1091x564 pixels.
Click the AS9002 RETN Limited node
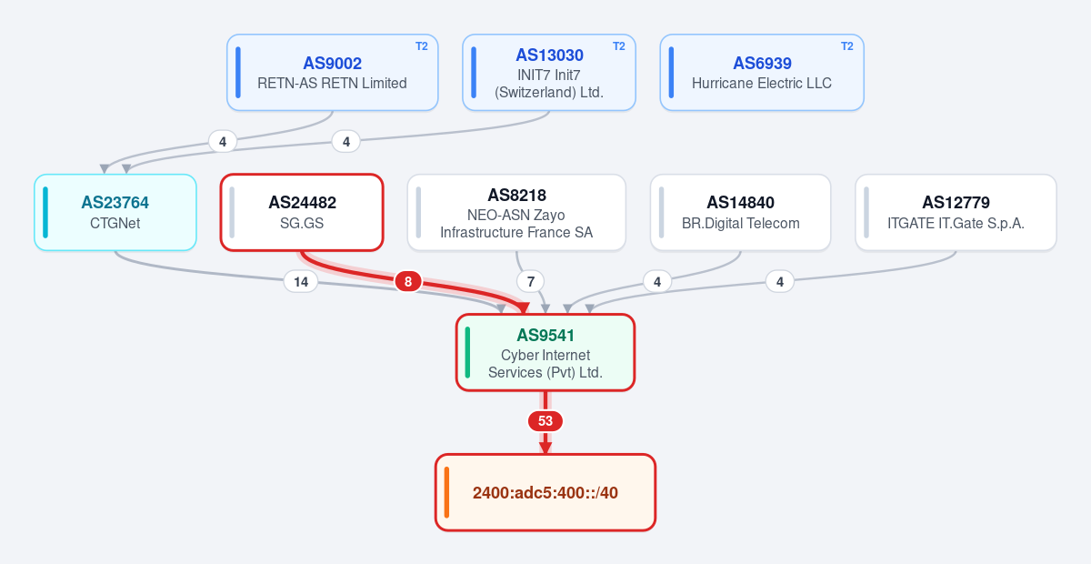point(332,72)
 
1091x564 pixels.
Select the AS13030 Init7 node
point(549,72)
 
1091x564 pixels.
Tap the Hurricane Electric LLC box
point(762,72)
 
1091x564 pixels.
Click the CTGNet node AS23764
point(115,212)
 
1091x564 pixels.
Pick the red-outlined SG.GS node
point(302,212)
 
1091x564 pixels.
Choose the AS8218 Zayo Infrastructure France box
point(516,212)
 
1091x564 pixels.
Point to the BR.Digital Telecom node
point(740,212)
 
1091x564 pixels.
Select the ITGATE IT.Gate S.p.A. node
point(956,212)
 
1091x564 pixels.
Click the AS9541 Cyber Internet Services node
point(545,352)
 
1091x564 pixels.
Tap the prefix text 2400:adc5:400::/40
point(545,493)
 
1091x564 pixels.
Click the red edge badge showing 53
point(545,421)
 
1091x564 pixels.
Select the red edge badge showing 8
point(408,281)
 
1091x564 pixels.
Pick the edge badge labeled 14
point(301,282)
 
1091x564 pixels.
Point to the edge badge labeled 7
point(531,282)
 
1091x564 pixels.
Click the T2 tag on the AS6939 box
point(847,46)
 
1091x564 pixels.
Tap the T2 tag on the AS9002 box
point(421,46)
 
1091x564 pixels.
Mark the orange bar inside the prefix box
point(446,492)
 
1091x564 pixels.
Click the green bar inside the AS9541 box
point(467,352)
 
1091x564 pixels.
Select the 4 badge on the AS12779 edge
point(780,282)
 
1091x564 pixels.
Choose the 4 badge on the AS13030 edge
point(346,142)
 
